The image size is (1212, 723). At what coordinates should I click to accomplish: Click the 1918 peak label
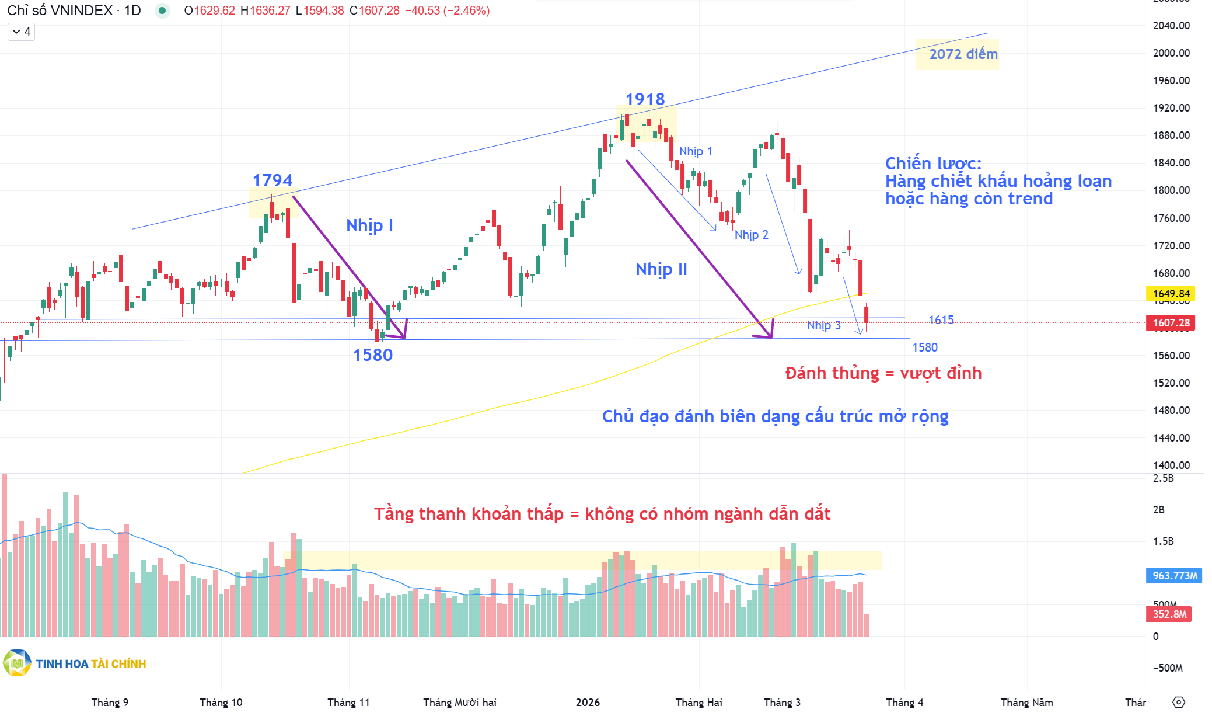click(x=645, y=99)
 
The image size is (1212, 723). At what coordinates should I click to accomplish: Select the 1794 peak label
click(x=272, y=180)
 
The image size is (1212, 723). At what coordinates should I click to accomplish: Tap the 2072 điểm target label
click(x=963, y=54)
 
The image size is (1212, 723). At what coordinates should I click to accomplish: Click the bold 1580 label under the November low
click(x=372, y=355)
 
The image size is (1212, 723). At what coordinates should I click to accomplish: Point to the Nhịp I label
click(x=369, y=225)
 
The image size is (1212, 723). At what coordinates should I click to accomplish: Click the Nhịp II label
click(x=661, y=269)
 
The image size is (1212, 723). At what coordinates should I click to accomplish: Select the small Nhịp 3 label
click(x=823, y=325)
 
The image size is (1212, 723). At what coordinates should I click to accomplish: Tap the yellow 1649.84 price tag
click(x=1171, y=294)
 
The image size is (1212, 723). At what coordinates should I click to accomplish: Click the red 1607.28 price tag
click(x=1171, y=323)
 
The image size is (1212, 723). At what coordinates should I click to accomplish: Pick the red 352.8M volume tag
click(x=1169, y=614)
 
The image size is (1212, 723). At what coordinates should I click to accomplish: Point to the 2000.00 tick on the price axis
click(x=1171, y=53)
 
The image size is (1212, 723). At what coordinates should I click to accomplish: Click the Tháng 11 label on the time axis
click(x=348, y=703)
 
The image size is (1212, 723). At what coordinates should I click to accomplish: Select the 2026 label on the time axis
click(x=588, y=703)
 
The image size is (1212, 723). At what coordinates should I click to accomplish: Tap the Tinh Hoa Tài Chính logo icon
click(x=17, y=663)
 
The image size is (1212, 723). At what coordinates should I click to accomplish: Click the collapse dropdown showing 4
click(x=21, y=32)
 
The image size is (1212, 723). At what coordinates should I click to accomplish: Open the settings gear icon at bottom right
click(x=1179, y=703)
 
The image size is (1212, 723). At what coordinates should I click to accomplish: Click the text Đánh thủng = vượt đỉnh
click(x=883, y=373)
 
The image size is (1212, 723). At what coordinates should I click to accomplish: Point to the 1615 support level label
click(x=941, y=320)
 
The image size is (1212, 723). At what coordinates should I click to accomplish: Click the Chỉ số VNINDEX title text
click(x=60, y=11)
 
